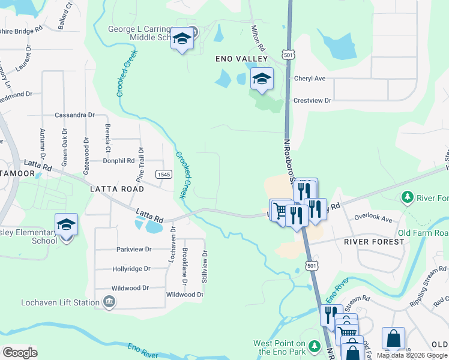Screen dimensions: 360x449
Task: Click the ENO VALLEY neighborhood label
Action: click(x=241, y=58)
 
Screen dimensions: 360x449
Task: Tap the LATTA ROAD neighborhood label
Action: click(x=117, y=188)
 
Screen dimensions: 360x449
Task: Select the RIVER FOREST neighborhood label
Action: click(x=374, y=241)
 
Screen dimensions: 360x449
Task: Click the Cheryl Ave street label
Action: click(x=310, y=79)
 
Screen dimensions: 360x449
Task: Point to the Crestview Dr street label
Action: click(x=312, y=101)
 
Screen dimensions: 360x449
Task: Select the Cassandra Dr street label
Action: click(x=74, y=115)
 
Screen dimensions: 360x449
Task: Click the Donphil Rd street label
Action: click(x=118, y=160)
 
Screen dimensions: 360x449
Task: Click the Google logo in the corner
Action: click(x=20, y=353)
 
